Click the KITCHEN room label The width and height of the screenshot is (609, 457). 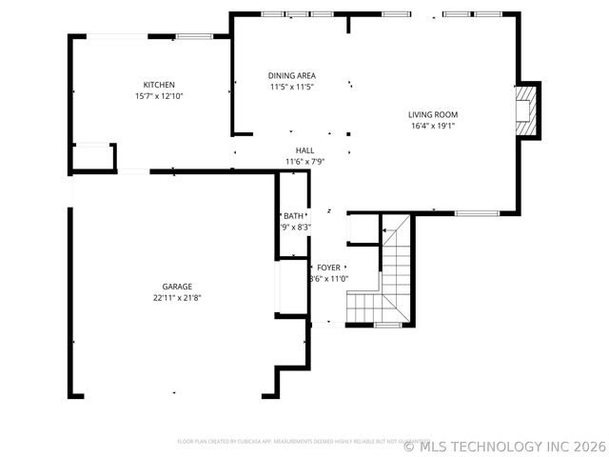(x=159, y=85)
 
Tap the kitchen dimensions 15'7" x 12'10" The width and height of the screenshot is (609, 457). (x=159, y=96)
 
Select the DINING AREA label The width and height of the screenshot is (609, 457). (x=291, y=75)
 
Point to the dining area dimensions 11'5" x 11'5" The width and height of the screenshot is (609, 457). (x=291, y=87)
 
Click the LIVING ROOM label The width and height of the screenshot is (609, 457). (x=433, y=114)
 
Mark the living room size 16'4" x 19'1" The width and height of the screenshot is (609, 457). (x=433, y=126)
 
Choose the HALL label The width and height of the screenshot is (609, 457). (x=304, y=150)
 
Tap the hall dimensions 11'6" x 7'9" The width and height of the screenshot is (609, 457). (x=304, y=162)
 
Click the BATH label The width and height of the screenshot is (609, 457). (x=293, y=216)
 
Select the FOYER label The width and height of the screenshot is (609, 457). (x=328, y=268)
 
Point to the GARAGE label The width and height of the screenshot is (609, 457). (x=177, y=287)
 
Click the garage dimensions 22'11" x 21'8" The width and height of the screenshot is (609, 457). (x=177, y=298)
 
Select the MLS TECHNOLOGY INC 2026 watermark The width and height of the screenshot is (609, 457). (x=504, y=446)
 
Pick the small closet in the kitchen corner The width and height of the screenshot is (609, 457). (x=93, y=157)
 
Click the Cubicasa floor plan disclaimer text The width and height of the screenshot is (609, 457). (x=297, y=441)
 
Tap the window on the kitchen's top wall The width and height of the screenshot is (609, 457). (x=193, y=36)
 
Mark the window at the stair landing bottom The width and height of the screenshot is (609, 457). (x=387, y=326)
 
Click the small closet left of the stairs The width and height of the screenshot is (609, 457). (x=363, y=230)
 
